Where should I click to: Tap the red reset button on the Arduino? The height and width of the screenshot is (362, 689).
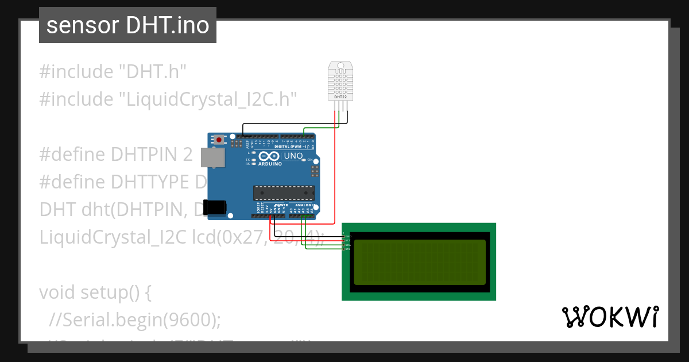point(219,139)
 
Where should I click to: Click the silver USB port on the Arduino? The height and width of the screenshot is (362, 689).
point(212,157)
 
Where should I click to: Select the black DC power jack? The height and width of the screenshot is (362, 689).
point(215,207)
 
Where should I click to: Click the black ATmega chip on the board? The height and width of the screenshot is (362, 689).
point(284,193)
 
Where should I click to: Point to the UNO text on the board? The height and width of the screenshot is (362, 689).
point(293,156)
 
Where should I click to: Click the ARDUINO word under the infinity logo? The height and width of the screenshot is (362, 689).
point(270,164)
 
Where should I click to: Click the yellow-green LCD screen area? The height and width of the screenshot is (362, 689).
point(419,262)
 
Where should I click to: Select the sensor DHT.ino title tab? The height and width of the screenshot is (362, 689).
point(127,25)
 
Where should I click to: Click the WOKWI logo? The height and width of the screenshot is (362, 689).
point(609,317)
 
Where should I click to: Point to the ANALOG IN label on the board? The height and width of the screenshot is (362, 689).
point(304,205)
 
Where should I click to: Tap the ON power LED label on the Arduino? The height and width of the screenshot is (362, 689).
point(310,159)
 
